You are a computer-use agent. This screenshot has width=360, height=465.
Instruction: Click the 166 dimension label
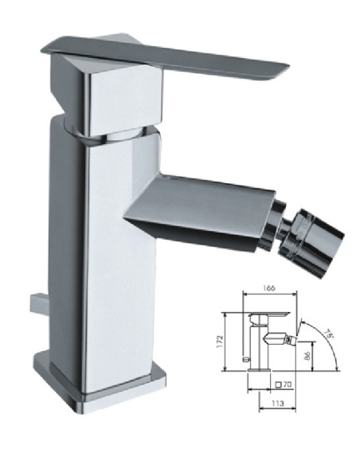[x=269, y=288]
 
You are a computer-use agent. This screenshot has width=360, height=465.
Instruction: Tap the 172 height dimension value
[x=220, y=342]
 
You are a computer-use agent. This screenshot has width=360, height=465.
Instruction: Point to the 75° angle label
[x=330, y=334]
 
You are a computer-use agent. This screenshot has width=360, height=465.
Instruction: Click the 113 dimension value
[x=277, y=404]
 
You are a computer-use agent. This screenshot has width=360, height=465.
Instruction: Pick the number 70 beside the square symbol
[x=288, y=385]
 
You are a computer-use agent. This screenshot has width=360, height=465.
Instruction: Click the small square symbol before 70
[x=279, y=385]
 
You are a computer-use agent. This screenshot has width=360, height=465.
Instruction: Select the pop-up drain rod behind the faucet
[x=38, y=303]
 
